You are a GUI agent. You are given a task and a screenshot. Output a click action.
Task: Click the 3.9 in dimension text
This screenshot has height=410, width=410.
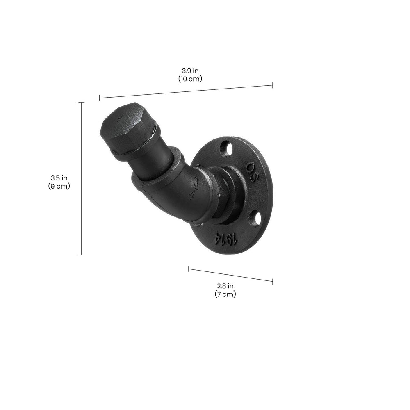[190, 71]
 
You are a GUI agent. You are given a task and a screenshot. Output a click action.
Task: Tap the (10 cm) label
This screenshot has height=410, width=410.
[190, 79]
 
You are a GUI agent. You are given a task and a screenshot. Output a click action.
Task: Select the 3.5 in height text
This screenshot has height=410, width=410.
[59, 178]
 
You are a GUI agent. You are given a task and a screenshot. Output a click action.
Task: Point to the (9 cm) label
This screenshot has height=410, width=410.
[59, 186]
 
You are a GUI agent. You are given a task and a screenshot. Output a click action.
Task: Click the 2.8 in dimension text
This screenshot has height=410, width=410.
[225, 286]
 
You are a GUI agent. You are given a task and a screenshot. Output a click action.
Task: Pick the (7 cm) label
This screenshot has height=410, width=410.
[225, 294]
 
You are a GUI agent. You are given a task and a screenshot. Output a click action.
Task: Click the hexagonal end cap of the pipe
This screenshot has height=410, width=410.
[125, 127]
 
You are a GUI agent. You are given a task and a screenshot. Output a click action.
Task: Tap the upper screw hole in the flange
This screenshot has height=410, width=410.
[226, 148]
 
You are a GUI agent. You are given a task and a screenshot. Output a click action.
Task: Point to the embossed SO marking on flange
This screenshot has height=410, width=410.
[252, 172]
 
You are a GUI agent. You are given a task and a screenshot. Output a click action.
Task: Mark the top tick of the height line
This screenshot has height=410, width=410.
[81, 102]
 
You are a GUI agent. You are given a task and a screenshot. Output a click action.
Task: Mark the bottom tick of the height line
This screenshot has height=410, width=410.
[81, 255]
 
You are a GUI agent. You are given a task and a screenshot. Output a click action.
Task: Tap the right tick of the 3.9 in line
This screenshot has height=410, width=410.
[272, 85]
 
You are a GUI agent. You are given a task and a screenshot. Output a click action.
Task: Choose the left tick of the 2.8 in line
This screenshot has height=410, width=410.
[188, 269]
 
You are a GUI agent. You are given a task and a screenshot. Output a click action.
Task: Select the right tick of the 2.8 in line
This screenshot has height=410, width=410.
[272, 281]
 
